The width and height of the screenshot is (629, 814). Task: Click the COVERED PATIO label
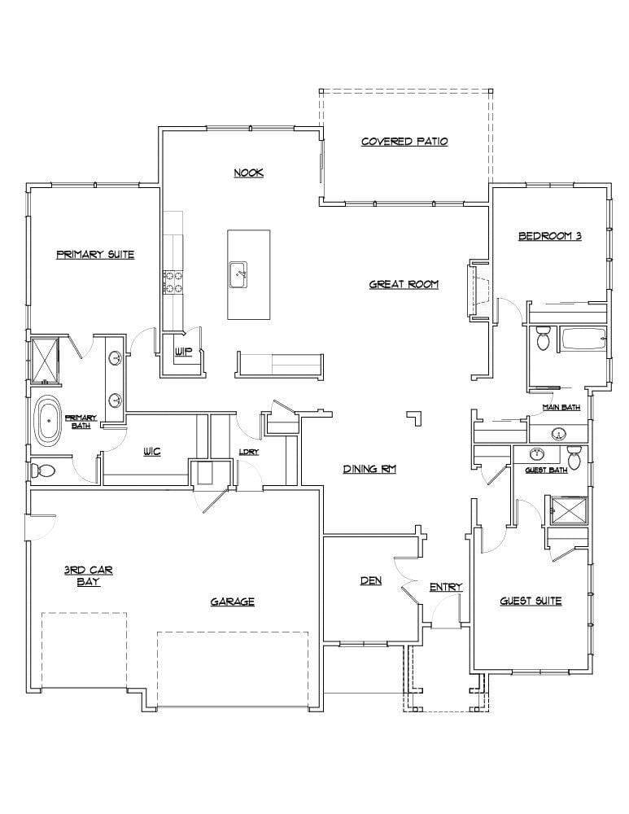404,142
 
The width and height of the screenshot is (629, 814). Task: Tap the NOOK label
249,173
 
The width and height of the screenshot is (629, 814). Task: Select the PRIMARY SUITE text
95,255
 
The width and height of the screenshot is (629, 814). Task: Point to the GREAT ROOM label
404,284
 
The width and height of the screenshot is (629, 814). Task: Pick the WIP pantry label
183,352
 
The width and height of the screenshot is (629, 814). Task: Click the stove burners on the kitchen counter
173,282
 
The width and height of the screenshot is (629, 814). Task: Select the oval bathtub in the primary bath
50,421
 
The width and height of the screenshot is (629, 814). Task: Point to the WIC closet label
151,452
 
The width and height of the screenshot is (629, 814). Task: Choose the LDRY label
248,453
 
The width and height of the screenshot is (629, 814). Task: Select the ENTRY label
446,587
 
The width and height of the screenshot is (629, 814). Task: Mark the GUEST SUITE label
530,601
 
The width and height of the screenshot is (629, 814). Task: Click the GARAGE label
233,602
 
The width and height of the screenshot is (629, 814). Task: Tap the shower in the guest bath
566,509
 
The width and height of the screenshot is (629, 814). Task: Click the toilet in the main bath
544,338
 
